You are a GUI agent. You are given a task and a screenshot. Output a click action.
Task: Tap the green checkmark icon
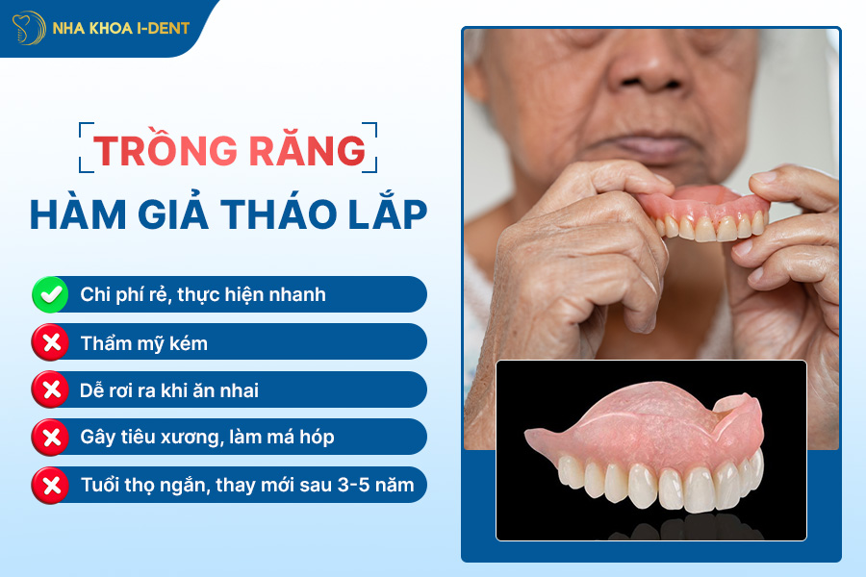[50, 294]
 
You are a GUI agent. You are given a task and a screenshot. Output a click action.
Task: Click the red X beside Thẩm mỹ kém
[50, 342]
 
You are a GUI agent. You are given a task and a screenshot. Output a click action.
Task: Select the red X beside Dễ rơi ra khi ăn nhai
[50, 389]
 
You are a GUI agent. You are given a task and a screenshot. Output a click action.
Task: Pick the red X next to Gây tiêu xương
[50, 438]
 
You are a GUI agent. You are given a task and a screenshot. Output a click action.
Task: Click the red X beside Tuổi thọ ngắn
[50, 485]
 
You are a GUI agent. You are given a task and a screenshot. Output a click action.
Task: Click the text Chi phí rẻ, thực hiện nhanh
[203, 294]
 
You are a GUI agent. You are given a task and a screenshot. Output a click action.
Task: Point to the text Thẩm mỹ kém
[144, 342]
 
